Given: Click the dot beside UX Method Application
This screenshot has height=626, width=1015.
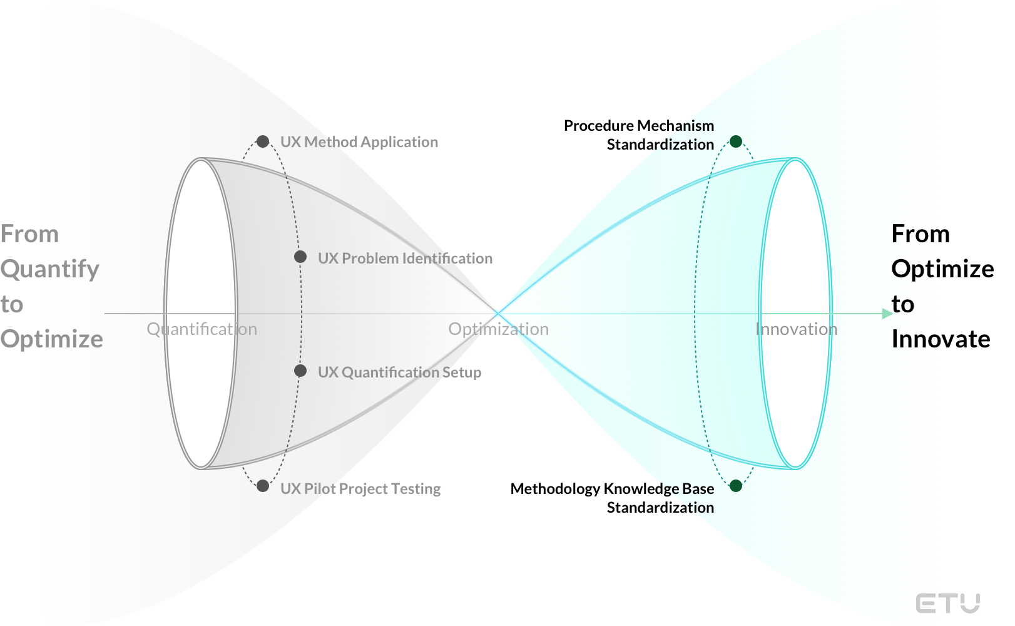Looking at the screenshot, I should click(263, 141).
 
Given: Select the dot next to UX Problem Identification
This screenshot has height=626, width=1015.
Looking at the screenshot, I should click(300, 257).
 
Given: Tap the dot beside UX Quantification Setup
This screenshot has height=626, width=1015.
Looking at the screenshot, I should click(300, 371).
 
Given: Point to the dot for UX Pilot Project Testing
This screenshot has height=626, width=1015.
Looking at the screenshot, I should click(263, 486).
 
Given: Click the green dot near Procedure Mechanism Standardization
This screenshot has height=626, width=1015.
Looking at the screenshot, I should click(736, 141).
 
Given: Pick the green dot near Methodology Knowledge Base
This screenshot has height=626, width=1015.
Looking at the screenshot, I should click(736, 486).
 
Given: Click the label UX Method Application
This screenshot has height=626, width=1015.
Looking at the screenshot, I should click(359, 142).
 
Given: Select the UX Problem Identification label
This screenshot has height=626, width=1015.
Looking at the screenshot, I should click(405, 259).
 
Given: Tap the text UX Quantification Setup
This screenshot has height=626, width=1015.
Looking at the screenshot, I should click(399, 372).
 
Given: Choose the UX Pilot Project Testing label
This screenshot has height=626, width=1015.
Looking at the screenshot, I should click(360, 489).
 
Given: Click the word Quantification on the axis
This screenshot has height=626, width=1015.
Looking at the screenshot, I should click(201, 329).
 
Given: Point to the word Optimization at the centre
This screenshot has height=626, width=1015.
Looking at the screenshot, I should click(498, 329).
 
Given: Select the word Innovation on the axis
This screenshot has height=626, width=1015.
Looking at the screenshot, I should click(796, 329).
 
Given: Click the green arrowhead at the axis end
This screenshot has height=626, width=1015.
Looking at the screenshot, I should click(887, 313).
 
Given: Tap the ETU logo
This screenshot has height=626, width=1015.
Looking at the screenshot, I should click(947, 603).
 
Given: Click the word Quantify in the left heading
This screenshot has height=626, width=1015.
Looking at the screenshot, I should click(50, 269).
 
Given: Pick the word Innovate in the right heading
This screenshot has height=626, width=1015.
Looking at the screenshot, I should click(941, 339).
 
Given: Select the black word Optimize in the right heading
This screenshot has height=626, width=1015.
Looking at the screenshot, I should click(942, 269).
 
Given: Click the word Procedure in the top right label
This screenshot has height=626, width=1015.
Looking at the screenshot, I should click(599, 126).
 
